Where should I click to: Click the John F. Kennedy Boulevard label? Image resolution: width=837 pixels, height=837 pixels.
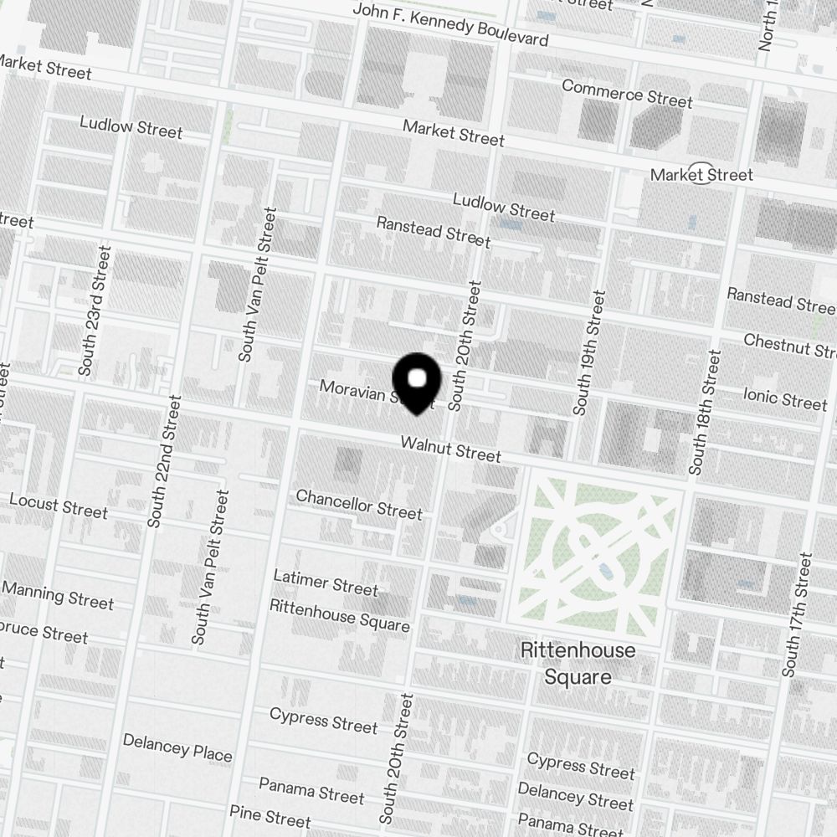coord(451,24)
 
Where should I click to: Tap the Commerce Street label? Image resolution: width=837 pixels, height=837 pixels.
coord(627,94)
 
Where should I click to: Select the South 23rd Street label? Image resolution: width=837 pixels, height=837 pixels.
coord(95,311)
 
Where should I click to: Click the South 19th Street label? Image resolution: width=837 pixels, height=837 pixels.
coord(588,352)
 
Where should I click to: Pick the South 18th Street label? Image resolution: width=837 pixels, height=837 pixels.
coord(704,412)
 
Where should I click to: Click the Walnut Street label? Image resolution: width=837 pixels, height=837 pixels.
coord(450,449)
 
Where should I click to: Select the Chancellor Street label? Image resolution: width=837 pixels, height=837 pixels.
coord(359,504)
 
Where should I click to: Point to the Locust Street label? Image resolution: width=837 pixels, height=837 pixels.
coord(59,506)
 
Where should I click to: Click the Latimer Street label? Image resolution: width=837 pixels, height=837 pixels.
coord(326,583)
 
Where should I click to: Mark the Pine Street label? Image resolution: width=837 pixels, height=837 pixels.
coord(270,816)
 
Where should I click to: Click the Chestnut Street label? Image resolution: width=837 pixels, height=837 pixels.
coord(789,344)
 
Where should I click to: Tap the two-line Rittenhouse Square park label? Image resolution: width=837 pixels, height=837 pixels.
coord(578,663)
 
